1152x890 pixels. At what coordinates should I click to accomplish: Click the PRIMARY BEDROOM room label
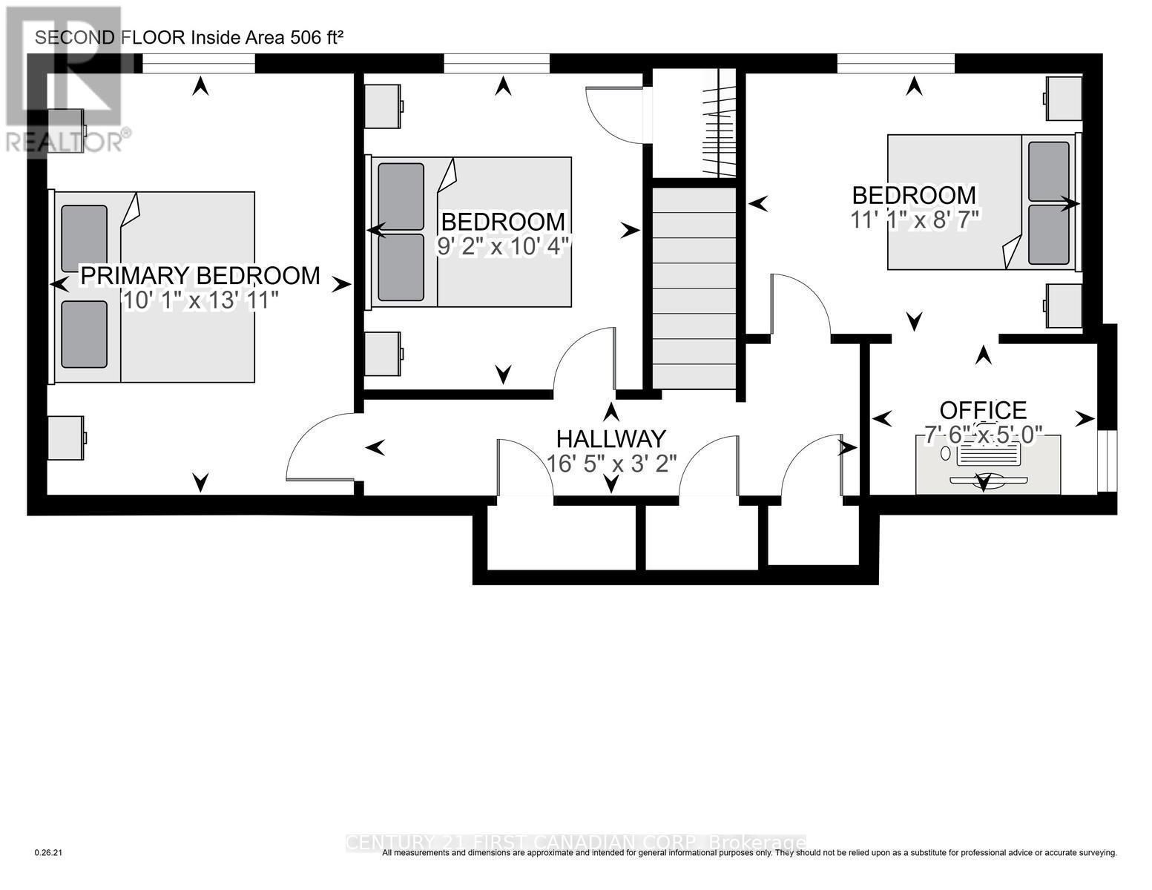(200, 275)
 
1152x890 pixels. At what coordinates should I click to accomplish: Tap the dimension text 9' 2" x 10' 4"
(503, 245)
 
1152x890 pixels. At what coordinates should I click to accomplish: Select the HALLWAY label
(611, 438)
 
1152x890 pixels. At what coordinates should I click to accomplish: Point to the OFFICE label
(983, 409)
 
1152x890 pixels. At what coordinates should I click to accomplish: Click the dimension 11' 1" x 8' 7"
(914, 219)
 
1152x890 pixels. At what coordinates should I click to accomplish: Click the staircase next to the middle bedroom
(694, 289)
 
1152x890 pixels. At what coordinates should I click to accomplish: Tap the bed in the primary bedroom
(154, 287)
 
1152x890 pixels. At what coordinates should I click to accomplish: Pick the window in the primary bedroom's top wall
(198, 65)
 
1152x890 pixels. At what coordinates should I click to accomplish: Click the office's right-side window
(1105, 460)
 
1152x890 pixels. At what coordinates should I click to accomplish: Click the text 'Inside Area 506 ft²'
(267, 38)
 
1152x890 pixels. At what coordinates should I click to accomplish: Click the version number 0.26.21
(50, 853)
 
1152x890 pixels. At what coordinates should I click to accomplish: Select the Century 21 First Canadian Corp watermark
(576, 843)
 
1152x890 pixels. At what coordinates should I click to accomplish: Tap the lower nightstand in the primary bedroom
(67, 436)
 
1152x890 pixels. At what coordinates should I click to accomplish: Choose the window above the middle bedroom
(496, 65)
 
